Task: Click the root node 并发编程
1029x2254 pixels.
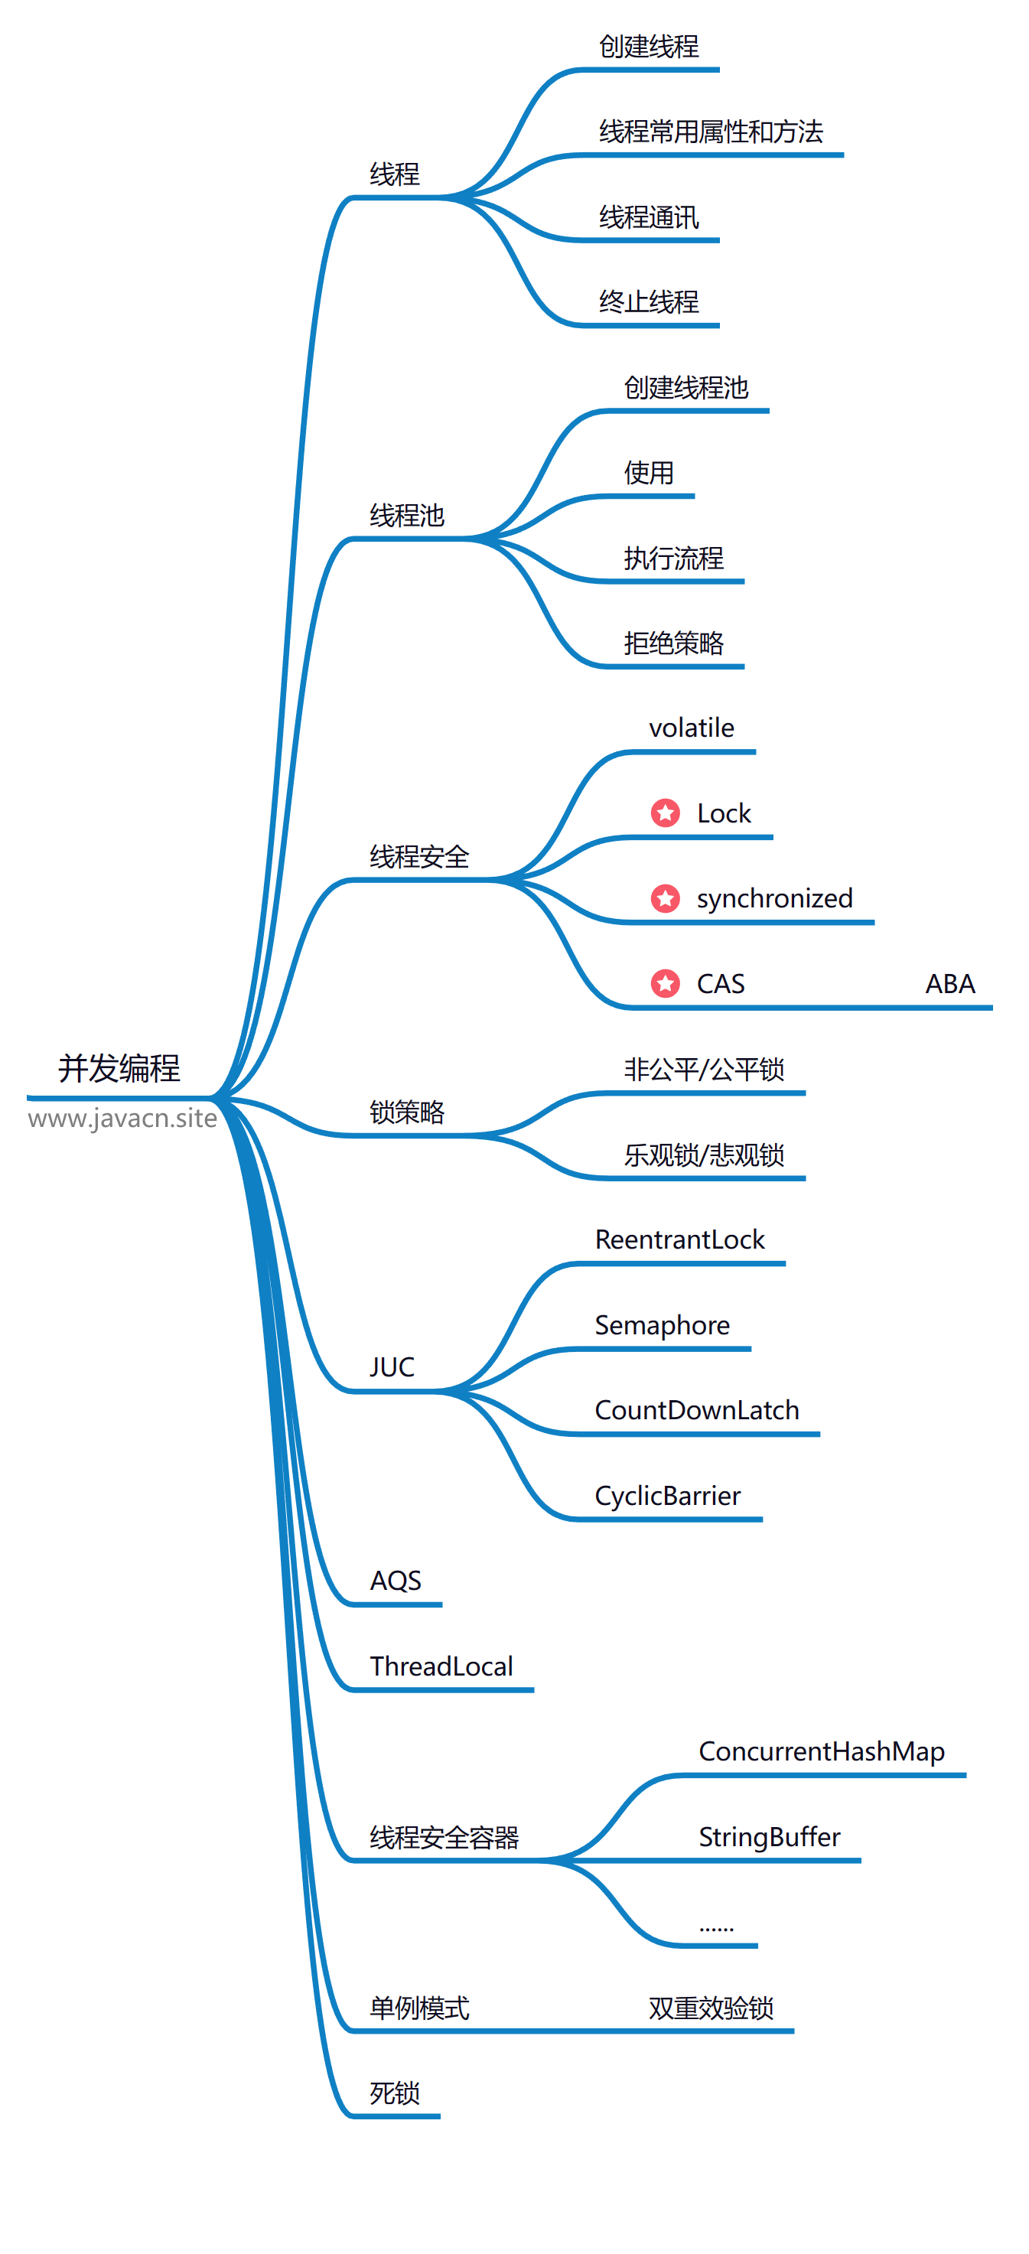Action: pyautogui.click(x=119, y=1068)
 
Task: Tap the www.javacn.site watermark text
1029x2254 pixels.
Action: pyautogui.click(x=122, y=1119)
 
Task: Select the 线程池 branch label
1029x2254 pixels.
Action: pyautogui.click(x=407, y=516)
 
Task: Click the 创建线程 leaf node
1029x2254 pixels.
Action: pyautogui.click(x=648, y=47)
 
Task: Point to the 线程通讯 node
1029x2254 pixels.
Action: pyautogui.click(x=648, y=217)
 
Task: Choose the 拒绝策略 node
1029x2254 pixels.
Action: pyautogui.click(x=673, y=643)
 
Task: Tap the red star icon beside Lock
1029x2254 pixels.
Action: pyautogui.click(x=665, y=813)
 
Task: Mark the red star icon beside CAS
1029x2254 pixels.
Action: pyautogui.click(x=665, y=983)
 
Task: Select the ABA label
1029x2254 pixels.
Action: pyautogui.click(x=950, y=983)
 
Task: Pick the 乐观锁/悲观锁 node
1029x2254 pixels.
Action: pyautogui.click(x=704, y=1155)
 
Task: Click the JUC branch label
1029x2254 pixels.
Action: pyautogui.click(x=391, y=1366)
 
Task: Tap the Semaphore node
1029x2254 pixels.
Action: pyautogui.click(x=662, y=1324)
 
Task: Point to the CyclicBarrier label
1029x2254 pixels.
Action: pyautogui.click(x=667, y=1495)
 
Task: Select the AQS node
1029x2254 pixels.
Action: pyautogui.click(x=396, y=1580)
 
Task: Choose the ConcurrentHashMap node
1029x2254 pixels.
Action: pyautogui.click(x=821, y=1751)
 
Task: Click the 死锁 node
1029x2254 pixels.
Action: pyautogui.click(x=395, y=2093)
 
